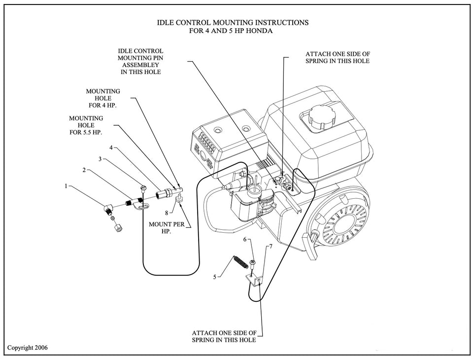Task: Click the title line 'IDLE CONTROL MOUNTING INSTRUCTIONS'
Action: pos(233,23)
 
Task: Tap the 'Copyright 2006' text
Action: pos(28,348)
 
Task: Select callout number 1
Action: pos(66,186)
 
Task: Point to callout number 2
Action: pos(84,170)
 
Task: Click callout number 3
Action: pos(100,159)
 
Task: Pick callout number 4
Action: pos(111,147)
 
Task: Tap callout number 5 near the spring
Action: pos(215,277)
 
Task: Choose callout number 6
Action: pos(245,239)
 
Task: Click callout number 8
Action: pos(167,213)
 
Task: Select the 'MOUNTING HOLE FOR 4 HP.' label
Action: pos(103,98)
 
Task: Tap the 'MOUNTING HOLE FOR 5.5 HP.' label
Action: pos(86,125)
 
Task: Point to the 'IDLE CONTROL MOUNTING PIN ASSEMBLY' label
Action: pos(140,61)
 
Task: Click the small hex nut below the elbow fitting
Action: pos(118,229)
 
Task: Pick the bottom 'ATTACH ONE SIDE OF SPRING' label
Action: pos(224,336)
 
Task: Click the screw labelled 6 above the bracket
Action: pos(252,262)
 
